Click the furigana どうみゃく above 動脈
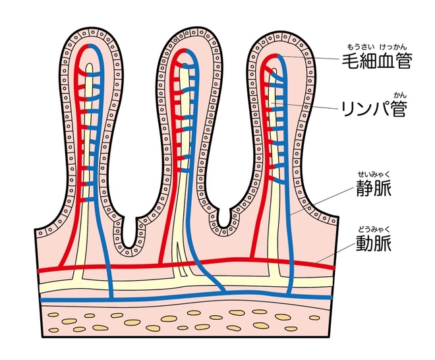tap(373, 228)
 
